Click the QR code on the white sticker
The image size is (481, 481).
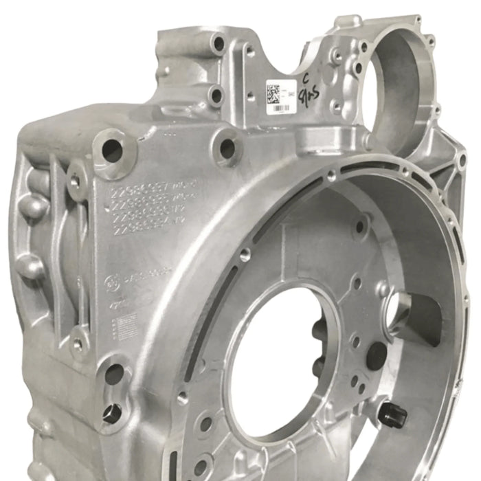point(274,92)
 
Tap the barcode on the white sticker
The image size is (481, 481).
point(277,107)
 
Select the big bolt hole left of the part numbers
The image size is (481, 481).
point(111,150)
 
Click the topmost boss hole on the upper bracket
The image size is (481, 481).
point(219,45)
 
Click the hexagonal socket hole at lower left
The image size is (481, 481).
point(112,414)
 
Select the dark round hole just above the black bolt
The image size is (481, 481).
point(377,355)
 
